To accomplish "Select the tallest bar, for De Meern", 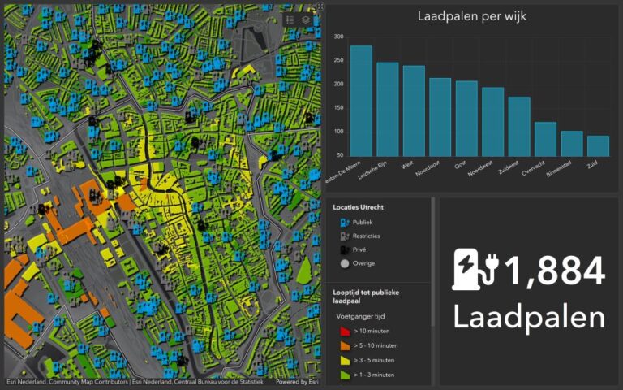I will click(361, 101).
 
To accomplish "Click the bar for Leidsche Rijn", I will click(388, 109).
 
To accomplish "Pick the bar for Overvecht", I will click(545, 139).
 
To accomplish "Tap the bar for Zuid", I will click(598, 145).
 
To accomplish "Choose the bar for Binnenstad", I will click(572, 143).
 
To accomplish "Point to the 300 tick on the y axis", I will click(337, 37).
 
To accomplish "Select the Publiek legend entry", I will click(363, 222).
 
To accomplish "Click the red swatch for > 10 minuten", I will click(344, 331).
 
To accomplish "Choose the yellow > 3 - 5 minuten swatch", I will click(344, 360).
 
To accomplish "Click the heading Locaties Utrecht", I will click(358, 207).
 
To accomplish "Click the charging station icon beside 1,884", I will click(475, 270).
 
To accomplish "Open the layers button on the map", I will click(306, 19).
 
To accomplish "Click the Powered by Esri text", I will click(298, 382).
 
